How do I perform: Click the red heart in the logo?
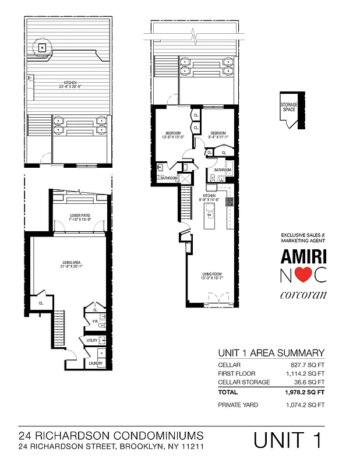[x=305, y=274]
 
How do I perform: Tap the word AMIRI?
[x=304, y=256]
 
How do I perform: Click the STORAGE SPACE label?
[x=288, y=107]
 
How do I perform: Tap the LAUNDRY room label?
[x=96, y=363]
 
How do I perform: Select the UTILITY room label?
[x=92, y=340]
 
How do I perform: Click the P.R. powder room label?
[x=94, y=321]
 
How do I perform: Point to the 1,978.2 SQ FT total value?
[x=304, y=393]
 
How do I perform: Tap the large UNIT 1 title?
[x=288, y=440]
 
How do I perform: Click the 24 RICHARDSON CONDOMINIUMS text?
[x=111, y=435]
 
